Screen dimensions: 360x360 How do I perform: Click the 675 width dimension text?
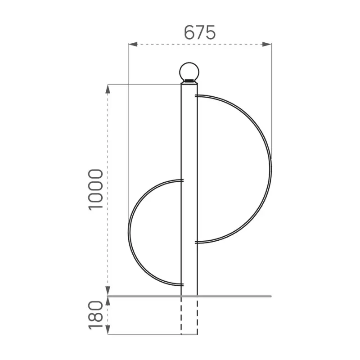[x=200, y=32]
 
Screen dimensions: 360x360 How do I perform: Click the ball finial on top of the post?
[x=189, y=71]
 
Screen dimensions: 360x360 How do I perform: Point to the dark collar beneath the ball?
[x=189, y=81]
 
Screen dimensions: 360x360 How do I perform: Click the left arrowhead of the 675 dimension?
[x=132, y=44]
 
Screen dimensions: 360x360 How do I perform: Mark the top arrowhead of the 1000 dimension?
[x=108, y=88]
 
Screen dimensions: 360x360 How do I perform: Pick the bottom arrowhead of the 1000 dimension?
[x=108, y=292]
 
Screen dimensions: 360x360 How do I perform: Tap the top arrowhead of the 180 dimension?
[x=108, y=300]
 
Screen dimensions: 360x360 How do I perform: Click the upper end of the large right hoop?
[x=197, y=96]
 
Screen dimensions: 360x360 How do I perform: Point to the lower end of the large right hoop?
[x=197, y=242]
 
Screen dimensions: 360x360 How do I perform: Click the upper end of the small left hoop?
[x=182, y=181]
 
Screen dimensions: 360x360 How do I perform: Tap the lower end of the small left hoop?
[x=182, y=284]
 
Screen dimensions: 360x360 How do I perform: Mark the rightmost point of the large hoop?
[x=270, y=169]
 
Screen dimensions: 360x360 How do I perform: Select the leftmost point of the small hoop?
[x=129, y=233]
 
